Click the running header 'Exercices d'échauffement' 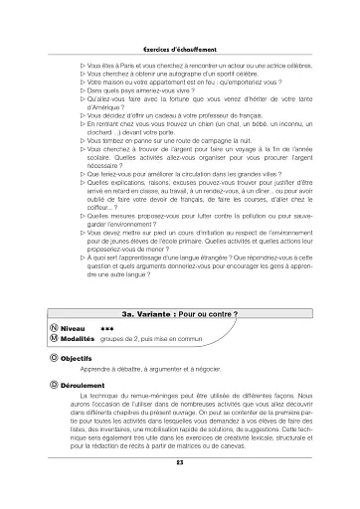[x=179, y=20]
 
